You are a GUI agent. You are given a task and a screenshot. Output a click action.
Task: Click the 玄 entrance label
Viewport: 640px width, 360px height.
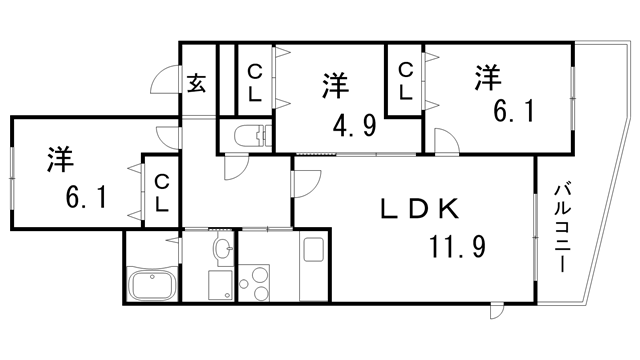tap(196, 83)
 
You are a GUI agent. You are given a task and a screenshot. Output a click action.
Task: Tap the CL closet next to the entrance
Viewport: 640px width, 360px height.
tap(255, 83)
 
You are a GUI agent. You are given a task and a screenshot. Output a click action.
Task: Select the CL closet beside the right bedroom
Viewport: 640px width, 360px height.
tap(405, 81)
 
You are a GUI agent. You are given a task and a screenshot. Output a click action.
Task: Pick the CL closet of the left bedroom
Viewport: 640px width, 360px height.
tap(161, 192)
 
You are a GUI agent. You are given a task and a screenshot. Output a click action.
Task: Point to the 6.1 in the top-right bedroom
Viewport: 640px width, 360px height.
tap(513, 110)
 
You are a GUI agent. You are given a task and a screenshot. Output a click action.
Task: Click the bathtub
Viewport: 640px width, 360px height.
tap(151, 285)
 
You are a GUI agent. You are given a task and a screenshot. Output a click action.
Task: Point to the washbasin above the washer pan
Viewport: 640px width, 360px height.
tap(223, 248)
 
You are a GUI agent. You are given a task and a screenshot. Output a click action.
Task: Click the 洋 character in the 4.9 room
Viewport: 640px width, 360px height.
tap(334, 87)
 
